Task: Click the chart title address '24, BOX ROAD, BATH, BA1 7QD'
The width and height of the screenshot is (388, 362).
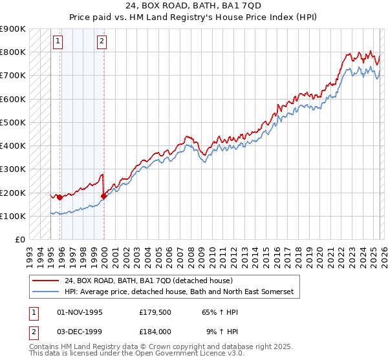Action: pos(194,7)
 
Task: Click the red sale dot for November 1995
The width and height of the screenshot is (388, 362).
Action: pos(59,197)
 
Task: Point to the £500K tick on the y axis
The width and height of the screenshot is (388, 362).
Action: pos(13,122)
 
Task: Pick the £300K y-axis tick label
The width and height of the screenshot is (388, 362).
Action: pos(13,169)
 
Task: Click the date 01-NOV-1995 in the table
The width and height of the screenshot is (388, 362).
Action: pos(80,312)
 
